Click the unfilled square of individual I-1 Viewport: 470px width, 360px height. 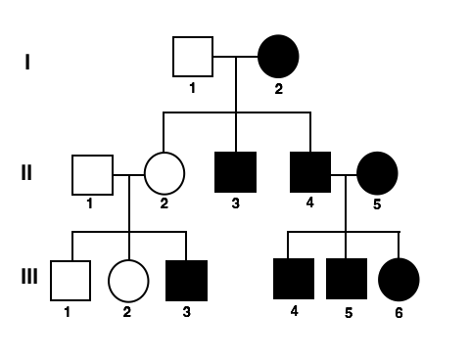point(193,57)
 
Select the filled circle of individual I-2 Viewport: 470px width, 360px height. point(278,57)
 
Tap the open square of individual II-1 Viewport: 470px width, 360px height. point(92,175)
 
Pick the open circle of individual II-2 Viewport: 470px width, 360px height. point(164,174)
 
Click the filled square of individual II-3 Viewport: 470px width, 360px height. point(235,172)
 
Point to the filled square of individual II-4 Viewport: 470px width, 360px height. point(310,172)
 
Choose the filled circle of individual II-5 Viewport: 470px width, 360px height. point(377,173)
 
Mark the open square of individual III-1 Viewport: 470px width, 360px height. point(70,280)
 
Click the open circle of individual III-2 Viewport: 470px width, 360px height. point(128,280)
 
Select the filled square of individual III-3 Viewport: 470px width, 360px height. point(186,280)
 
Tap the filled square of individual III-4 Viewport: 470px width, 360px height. point(294,279)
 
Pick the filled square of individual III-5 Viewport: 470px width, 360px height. point(347,279)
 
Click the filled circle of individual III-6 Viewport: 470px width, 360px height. point(399,279)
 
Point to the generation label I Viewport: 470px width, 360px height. point(27,63)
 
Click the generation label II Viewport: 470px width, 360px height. point(27,173)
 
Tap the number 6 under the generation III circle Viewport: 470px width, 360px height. point(399,313)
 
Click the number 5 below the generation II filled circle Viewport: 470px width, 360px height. point(377,205)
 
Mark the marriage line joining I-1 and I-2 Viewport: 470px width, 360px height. point(235,57)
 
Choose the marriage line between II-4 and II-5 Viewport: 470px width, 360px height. point(344,174)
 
